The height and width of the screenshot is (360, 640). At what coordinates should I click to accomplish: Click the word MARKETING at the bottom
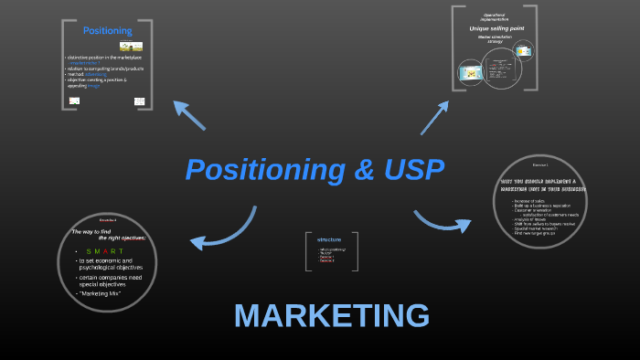331,315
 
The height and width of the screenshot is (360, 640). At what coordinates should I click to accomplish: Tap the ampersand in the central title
347,170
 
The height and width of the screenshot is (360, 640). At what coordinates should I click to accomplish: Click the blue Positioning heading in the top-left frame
107,31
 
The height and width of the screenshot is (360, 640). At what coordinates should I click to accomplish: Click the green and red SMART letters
104,251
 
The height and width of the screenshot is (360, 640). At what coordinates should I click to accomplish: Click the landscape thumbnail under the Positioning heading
131,46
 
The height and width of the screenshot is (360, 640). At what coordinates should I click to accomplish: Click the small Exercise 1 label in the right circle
540,165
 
